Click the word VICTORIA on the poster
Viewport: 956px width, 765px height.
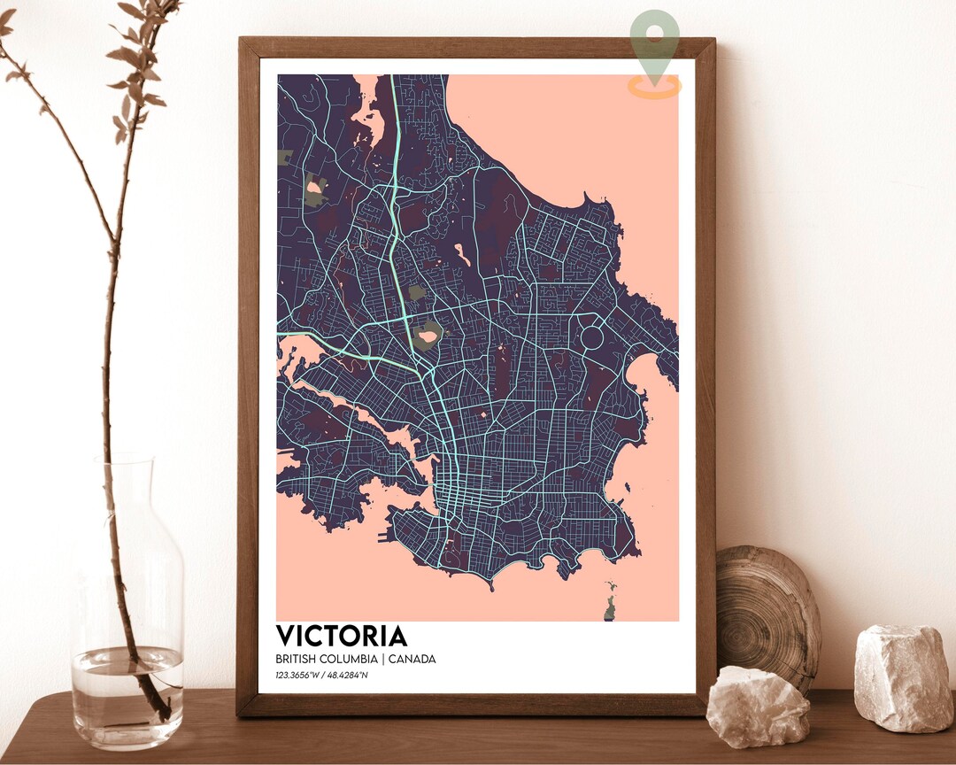click(342, 636)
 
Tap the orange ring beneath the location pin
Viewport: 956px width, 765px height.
click(655, 87)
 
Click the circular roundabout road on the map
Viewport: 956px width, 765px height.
click(592, 336)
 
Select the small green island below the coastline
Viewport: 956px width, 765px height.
click(611, 605)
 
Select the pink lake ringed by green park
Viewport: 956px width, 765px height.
click(428, 336)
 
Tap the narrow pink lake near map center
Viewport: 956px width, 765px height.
click(462, 256)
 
